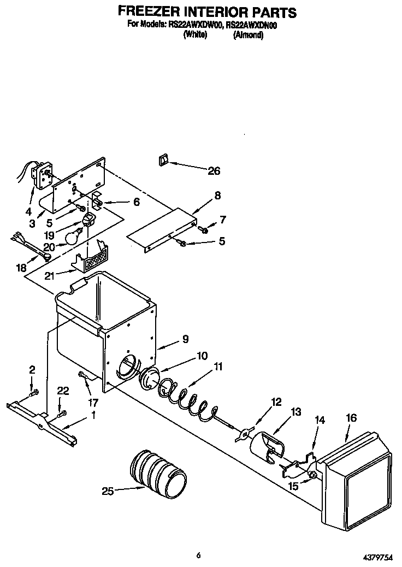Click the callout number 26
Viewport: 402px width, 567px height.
pyautogui.click(x=214, y=171)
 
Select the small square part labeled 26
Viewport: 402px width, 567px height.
pyautogui.click(x=163, y=160)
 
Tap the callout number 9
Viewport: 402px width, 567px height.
pyautogui.click(x=185, y=339)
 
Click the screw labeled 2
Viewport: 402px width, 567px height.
pyautogui.click(x=34, y=392)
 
